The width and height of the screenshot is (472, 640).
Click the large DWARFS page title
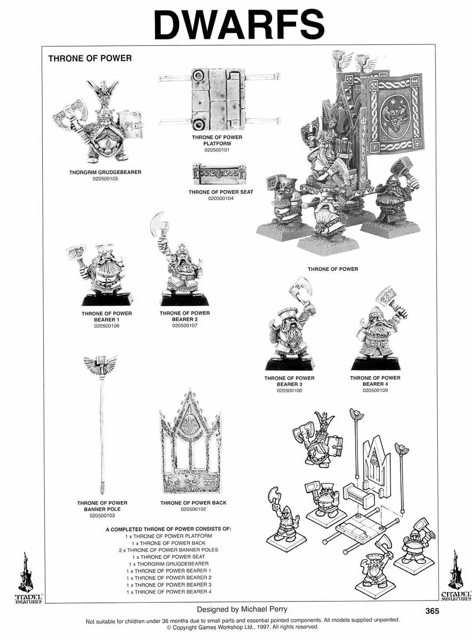(239, 25)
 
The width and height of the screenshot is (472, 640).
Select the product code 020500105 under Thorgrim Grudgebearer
(105, 179)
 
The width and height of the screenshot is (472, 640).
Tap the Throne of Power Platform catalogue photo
(219, 99)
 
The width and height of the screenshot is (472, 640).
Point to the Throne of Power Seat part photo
(219, 174)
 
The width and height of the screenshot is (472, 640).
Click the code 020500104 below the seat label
(221, 198)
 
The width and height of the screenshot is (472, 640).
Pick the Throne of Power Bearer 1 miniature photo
(99, 274)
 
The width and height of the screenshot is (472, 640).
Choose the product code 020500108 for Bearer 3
(289, 390)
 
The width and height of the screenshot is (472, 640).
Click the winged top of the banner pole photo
(101, 363)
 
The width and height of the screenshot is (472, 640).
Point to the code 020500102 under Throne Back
(193, 509)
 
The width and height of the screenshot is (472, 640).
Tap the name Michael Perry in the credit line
(264, 609)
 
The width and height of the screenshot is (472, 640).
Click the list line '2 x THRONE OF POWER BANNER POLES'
(169, 550)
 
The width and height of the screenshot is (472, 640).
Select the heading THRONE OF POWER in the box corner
(90, 59)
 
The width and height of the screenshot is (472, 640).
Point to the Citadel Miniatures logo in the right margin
(455, 575)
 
